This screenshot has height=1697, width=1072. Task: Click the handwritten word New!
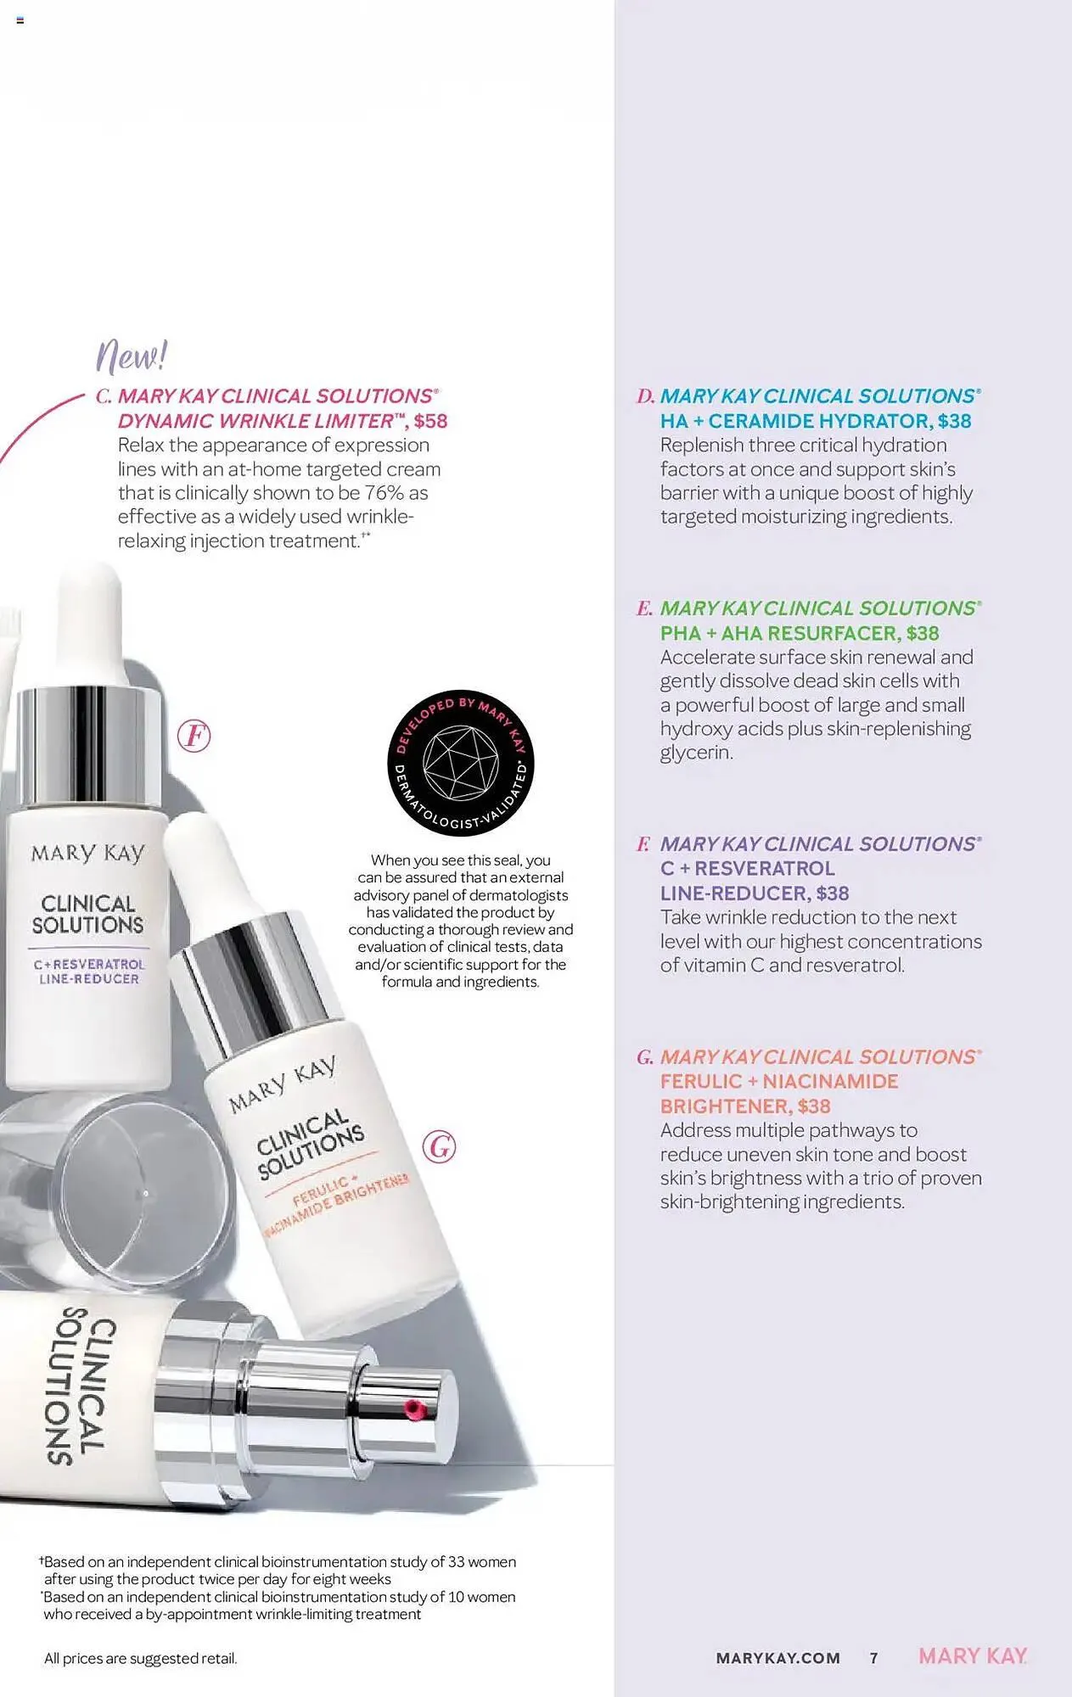click(132, 356)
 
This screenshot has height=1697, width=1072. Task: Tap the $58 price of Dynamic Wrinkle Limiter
click(430, 421)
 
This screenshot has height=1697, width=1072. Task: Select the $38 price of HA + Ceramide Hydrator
click(954, 421)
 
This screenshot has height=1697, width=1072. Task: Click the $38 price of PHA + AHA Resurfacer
click(922, 633)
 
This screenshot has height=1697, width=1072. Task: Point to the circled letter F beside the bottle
click(194, 736)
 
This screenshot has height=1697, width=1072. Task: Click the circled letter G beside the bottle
click(439, 1147)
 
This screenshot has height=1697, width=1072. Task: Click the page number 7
click(874, 1657)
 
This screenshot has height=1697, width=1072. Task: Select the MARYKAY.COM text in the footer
click(777, 1658)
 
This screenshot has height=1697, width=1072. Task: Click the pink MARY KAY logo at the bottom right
click(973, 1656)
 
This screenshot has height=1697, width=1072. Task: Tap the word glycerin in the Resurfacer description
click(695, 753)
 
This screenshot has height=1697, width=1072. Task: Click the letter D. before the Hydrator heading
click(645, 396)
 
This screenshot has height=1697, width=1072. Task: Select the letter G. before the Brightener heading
click(645, 1057)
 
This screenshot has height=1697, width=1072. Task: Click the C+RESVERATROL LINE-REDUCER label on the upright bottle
click(89, 972)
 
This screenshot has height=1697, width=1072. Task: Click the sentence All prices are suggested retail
click(141, 1658)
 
